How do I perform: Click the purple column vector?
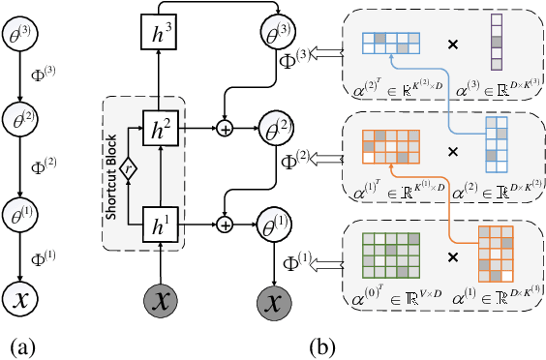pos(497,44)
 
